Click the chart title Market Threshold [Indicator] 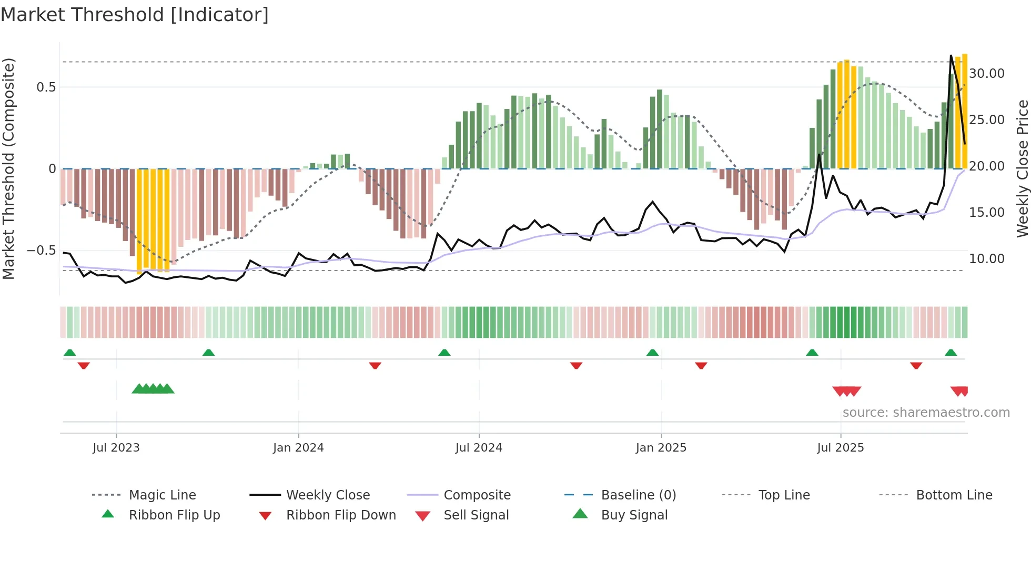tap(135, 15)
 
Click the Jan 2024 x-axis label tap(298, 448)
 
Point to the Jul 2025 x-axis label tap(840, 448)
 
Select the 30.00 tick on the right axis tap(986, 74)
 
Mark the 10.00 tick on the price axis tap(986, 259)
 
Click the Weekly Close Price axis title tap(1022, 168)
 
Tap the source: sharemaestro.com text tap(926, 413)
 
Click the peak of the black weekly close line tap(951, 55)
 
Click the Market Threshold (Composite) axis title tap(8, 168)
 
